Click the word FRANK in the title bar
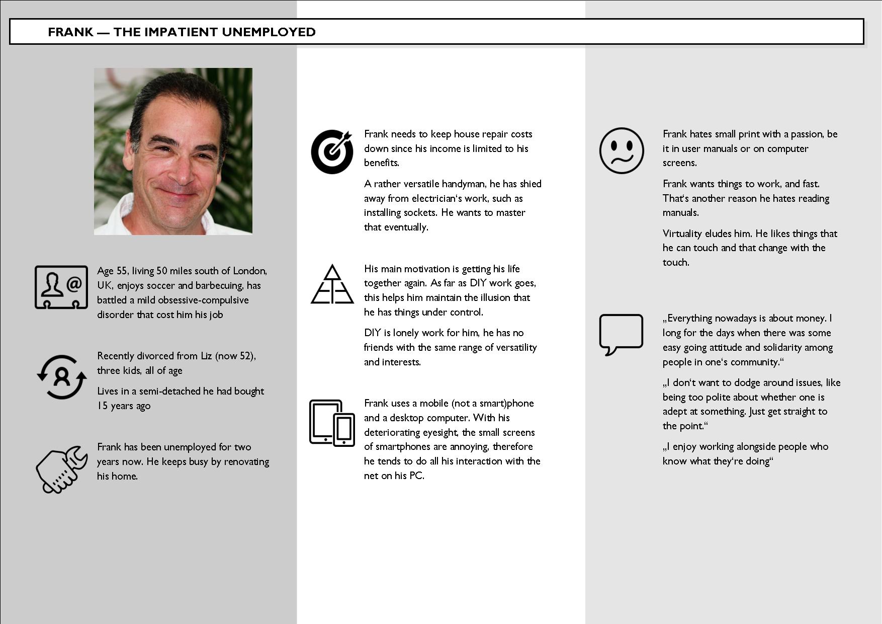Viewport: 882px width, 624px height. [70, 32]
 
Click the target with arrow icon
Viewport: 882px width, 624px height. [332, 151]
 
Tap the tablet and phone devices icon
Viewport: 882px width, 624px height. [332, 423]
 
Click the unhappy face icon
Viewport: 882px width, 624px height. [622, 150]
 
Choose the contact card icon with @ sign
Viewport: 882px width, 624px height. [61, 287]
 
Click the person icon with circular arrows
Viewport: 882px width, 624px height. [61, 377]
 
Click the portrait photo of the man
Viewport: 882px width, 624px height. [173, 151]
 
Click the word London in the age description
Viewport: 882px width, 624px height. [249, 271]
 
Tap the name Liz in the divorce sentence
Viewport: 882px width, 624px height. [206, 356]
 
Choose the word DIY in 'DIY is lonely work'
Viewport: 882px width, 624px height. [372, 333]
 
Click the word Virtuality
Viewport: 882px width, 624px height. [682, 234]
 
